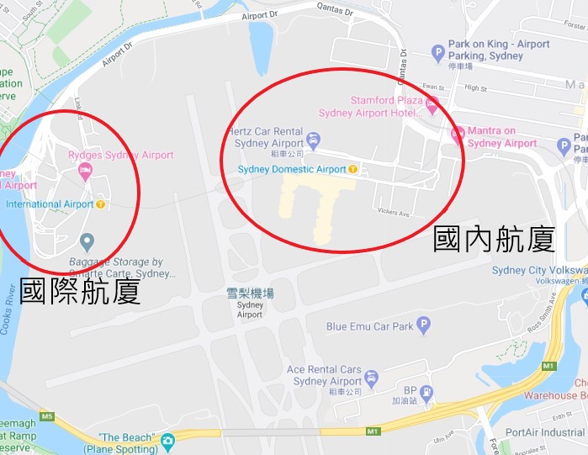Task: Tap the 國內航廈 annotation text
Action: pyautogui.click(x=494, y=240)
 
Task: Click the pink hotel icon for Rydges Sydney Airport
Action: pyautogui.click(x=85, y=172)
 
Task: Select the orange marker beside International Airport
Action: pyautogui.click(x=101, y=204)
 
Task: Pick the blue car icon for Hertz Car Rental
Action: pyautogui.click(x=314, y=140)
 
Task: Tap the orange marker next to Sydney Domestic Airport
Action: pyautogui.click(x=354, y=169)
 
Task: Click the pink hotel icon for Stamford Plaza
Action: pyautogui.click(x=432, y=105)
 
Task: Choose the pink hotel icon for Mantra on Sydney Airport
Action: pyautogui.click(x=458, y=135)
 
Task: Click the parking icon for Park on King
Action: pyautogui.click(x=437, y=53)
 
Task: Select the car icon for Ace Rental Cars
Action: pyautogui.click(x=373, y=378)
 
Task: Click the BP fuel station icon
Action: pyautogui.click(x=427, y=391)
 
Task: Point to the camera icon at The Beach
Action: pyautogui.click(x=168, y=440)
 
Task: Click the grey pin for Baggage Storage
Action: pyautogui.click(x=87, y=243)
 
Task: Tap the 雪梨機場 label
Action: pyautogui.click(x=251, y=293)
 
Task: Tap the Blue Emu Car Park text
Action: pyautogui.click(x=370, y=326)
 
